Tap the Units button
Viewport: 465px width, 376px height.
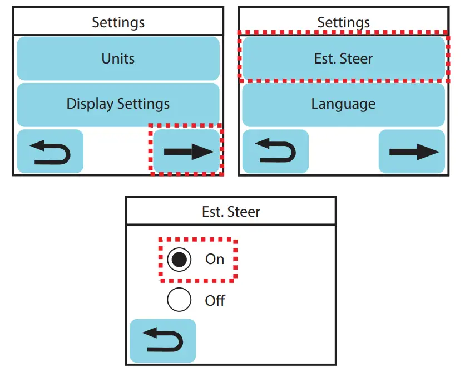click(x=118, y=58)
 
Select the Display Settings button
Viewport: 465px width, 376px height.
click(x=118, y=105)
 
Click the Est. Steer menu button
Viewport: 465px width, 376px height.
click(x=343, y=58)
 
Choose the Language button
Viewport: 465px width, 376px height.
click(x=343, y=105)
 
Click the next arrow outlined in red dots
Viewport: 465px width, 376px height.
click(x=186, y=151)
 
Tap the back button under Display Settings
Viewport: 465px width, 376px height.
click(x=50, y=151)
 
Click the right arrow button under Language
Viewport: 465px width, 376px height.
click(x=412, y=151)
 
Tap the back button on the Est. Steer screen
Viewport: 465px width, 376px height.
click(x=163, y=341)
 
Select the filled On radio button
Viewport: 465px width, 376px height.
click(x=179, y=260)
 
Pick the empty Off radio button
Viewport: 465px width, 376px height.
click(x=179, y=300)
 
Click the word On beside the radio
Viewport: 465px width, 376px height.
click(x=215, y=259)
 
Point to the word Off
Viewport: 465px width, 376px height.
click(x=215, y=300)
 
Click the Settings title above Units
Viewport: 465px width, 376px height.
click(x=118, y=23)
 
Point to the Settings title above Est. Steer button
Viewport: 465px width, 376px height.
click(x=343, y=23)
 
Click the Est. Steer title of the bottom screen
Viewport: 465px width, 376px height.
click(x=231, y=212)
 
